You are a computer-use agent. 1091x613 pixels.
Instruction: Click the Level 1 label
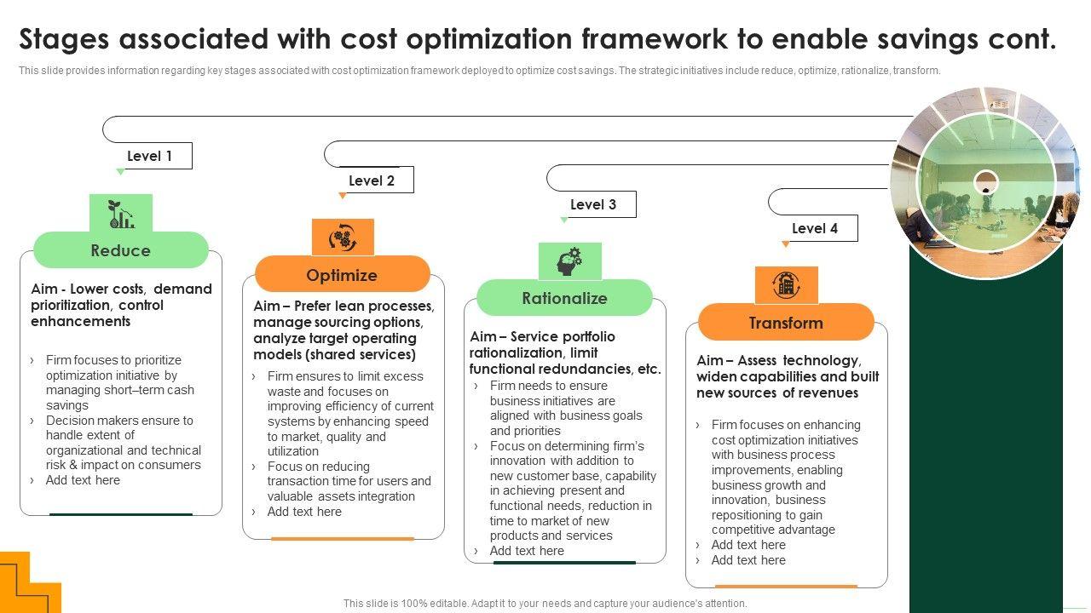point(149,156)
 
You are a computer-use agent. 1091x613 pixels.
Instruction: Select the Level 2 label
point(371,180)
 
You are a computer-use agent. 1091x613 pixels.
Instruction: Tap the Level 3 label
point(592,204)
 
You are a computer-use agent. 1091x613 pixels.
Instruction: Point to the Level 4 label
point(814,228)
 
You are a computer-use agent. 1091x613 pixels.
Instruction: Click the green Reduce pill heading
point(121,250)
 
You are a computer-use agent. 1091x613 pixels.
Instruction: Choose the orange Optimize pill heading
point(342,275)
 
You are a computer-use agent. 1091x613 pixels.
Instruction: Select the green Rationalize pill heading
point(564,298)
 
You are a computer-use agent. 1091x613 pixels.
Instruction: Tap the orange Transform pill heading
point(786,322)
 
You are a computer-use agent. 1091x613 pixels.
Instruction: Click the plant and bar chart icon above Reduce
point(121,214)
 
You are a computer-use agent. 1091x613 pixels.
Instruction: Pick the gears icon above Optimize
point(343,238)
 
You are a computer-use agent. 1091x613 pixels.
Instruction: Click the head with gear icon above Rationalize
point(569,261)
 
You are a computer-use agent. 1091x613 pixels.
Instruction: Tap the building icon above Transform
point(786,285)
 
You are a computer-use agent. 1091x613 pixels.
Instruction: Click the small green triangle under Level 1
point(120,171)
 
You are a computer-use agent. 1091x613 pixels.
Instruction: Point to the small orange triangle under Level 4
point(785,243)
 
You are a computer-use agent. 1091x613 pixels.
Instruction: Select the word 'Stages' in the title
point(64,39)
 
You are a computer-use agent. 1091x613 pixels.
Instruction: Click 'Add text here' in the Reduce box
point(83,480)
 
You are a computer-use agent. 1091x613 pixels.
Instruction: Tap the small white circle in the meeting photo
point(986,182)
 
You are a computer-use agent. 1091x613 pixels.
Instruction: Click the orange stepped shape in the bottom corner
point(30,582)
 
